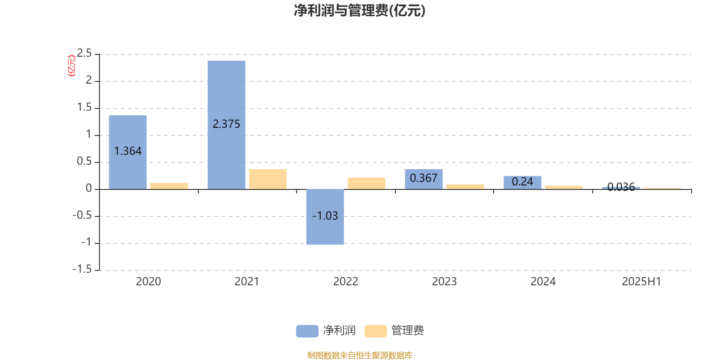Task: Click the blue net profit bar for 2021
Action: coord(226,125)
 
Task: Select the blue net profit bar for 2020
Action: coord(128,153)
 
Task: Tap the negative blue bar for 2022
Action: coord(325,217)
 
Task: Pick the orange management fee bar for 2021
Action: coord(268,180)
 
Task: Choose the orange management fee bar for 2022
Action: coord(366,184)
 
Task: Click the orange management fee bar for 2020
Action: coord(169,186)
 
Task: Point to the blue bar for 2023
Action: coord(423,180)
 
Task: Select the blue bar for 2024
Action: coord(522,183)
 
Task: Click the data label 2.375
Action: coord(226,124)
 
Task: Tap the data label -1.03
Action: coord(325,216)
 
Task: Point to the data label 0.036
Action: coord(621,187)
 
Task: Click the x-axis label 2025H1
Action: coord(641,282)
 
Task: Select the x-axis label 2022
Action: coord(346,282)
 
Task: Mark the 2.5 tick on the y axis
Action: coord(84,53)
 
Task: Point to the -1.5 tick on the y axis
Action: coord(82,269)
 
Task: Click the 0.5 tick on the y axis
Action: coord(84,161)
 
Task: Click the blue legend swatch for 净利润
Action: coord(307,331)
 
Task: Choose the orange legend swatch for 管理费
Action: coord(375,331)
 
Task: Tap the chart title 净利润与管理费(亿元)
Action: coord(360,11)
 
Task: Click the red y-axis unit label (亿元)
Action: coord(72,66)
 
